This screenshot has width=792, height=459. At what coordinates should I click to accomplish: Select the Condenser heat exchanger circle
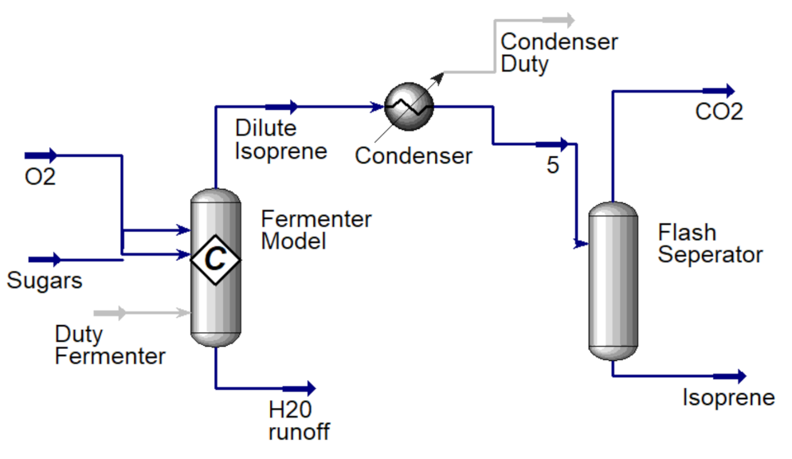click(409, 106)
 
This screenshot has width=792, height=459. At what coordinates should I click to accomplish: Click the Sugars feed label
click(45, 280)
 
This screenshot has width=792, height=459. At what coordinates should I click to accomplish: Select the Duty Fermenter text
click(110, 343)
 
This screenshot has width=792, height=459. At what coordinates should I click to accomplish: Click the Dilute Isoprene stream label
click(280, 139)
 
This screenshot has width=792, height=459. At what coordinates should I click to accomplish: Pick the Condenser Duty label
click(559, 53)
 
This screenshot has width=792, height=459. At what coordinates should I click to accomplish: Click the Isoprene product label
click(728, 397)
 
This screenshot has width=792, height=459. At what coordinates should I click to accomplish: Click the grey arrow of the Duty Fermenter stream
click(111, 313)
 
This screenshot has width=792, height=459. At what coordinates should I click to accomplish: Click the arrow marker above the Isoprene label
click(730, 377)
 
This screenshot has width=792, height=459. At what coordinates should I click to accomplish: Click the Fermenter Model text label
click(316, 229)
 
